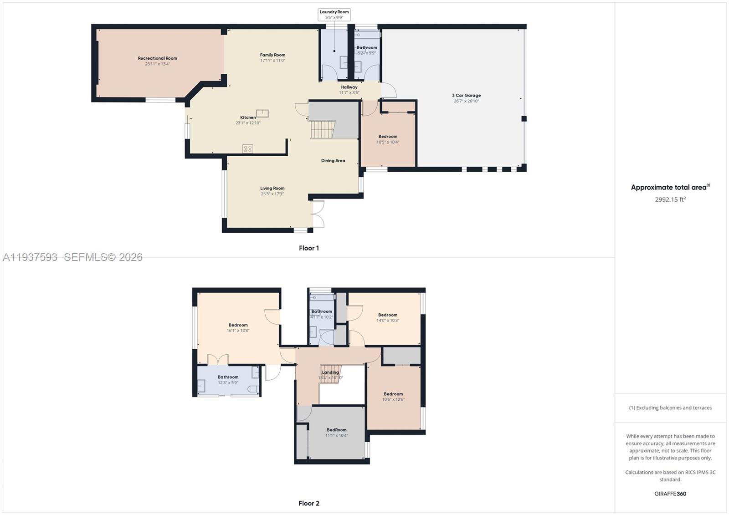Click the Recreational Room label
pos(157,58)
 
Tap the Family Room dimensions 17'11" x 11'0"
pos(272,61)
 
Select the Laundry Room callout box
pos(334,15)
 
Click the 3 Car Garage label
pos(466,96)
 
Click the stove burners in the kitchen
pos(247,148)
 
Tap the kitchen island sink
pos(262,113)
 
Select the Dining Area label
pos(333,161)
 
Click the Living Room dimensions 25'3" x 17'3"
pos(272,194)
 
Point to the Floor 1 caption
pos(309,248)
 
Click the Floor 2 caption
pos(309,503)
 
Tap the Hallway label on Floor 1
pos(349,87)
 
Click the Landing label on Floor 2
pos(330,372)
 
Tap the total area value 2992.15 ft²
pos(670,199)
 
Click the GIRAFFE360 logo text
pos(670,494)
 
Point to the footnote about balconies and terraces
pos(670,408)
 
